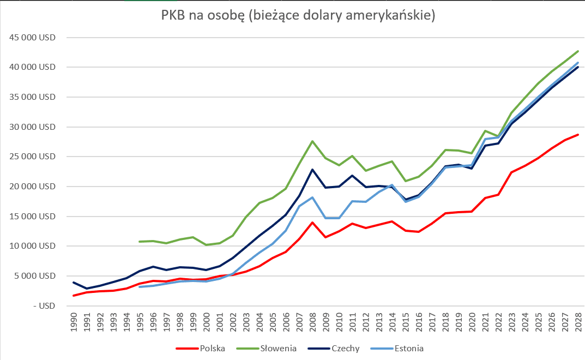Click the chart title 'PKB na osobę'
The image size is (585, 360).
[x=298, y=16]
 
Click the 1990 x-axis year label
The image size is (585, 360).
[x=74, y=322]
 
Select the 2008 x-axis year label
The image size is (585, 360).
[x=312, y=322]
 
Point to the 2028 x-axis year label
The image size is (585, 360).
[x=577, y=322]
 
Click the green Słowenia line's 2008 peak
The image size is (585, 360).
[x=312, y=141]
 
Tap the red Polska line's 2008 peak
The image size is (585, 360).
[x=312, y=223]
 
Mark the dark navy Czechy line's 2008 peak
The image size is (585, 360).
[x=312, y=170]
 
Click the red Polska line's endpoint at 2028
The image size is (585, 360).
[x=577, y=134]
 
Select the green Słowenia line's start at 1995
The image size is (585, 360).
[x=140, y=242]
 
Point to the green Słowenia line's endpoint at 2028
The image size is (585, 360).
[x=577, y=51]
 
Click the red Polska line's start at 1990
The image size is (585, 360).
[x=74, y=296]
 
